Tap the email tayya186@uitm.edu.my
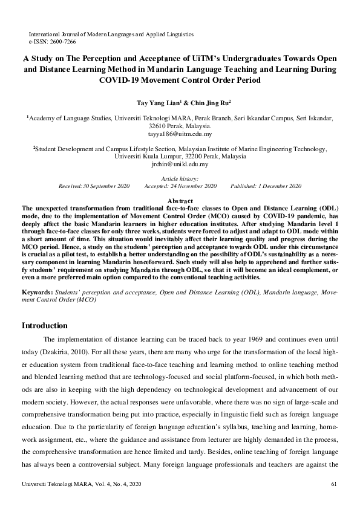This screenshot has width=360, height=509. (180, 134)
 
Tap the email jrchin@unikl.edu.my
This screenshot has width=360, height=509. (180, 164)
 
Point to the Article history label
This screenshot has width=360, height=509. (180, 180)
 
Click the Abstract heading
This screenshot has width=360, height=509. (180, 201)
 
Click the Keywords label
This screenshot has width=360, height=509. (37, 291)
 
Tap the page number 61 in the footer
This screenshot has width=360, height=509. (335, 485)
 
